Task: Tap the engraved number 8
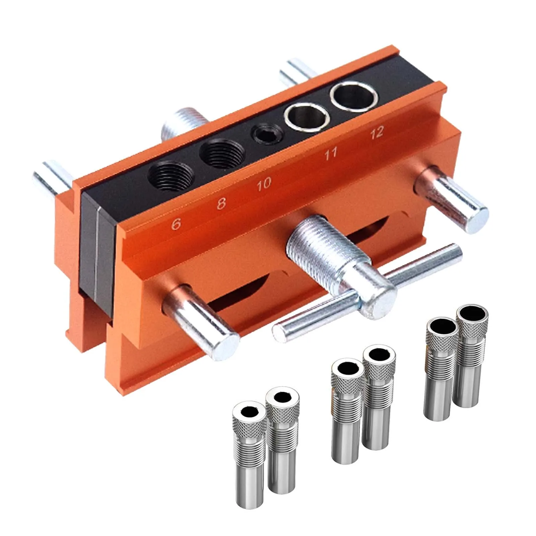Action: click(221, 203)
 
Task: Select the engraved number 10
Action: click(264, 184)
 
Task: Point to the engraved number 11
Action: click(330, 154)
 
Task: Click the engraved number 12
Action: click(377, 133)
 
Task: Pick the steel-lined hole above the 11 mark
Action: click(306, 116)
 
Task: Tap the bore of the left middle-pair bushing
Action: click(347, 368)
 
